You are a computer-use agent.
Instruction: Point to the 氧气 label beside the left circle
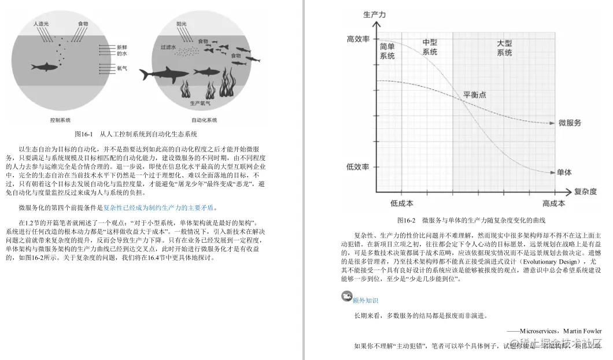[x=122, y=68]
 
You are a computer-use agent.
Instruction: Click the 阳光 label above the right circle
[x=182, y=24]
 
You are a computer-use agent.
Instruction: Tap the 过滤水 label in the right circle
[x=168, y=47]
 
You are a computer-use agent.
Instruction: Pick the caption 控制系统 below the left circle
[x=60, y=120]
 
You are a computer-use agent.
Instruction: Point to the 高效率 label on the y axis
[x=357, y=39]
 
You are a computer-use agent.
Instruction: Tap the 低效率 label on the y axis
[x=357, y=167]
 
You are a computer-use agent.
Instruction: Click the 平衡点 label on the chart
[x=475, y=94]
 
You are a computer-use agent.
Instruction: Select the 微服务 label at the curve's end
[x=570, y=123]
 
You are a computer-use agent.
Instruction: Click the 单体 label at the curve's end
[x=564, y=172]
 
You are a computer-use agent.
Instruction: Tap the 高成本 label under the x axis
[x=553, y=203]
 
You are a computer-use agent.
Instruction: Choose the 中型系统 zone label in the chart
[x=430, y=47]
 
